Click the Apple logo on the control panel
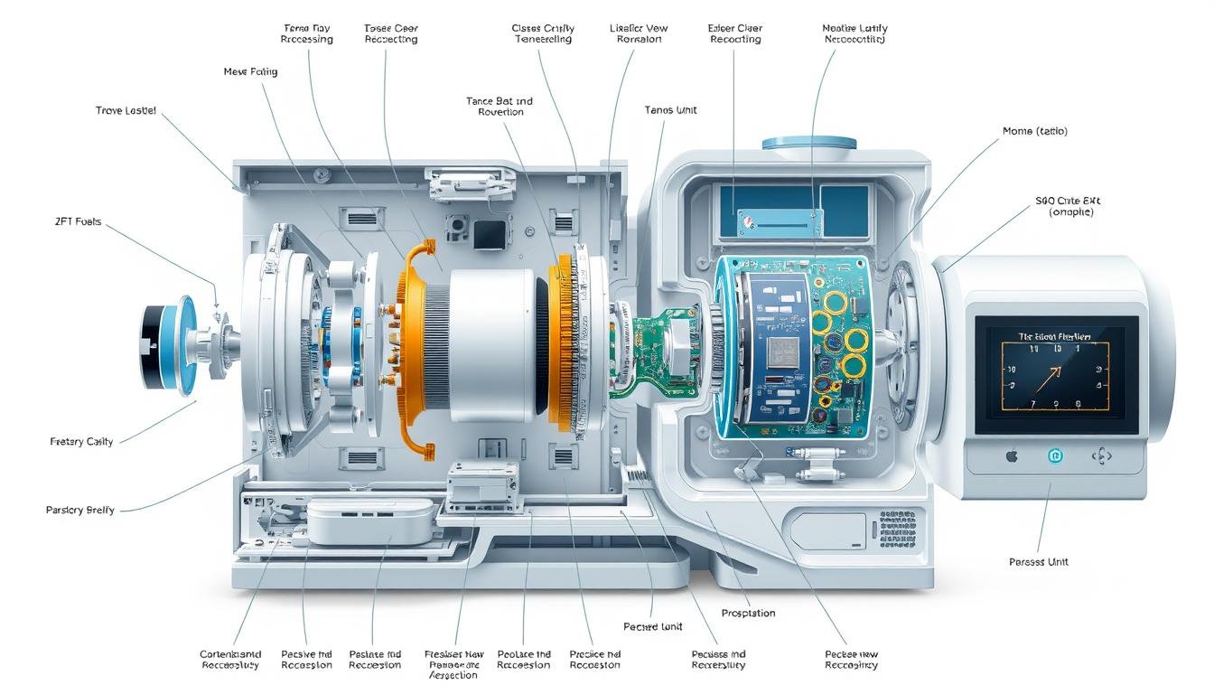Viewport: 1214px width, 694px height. tap(1012, 456)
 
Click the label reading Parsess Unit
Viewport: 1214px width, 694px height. tap(1038, 562)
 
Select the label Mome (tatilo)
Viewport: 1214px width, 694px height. tap(1034, 131)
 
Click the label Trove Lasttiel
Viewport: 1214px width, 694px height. tap(126, 110)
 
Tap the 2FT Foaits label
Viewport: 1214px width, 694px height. tap(78, 220)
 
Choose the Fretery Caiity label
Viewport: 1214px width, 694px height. tap(81, 441)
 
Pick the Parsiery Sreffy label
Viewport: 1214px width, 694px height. tap(80, 510)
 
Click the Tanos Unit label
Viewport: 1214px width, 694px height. tap(670, 110)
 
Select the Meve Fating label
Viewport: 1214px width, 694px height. tap(250, 71)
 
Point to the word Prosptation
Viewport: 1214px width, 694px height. tap(748, 614)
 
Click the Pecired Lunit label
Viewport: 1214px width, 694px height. tap(652, 626)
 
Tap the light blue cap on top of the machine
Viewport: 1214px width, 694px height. tap(808, 142)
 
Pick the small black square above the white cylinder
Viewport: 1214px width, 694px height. tap(488, 234)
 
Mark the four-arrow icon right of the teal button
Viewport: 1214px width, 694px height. tap(1101, 456)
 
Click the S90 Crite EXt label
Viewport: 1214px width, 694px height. tap(1070, 206)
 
